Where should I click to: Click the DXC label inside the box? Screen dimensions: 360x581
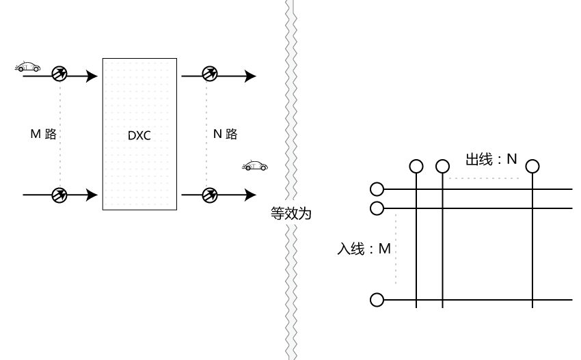click(139, 135)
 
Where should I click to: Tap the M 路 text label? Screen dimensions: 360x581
click(42, 135)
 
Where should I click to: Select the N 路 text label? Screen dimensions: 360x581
click(225, 135)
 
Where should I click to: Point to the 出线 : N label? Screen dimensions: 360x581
click(491, 159)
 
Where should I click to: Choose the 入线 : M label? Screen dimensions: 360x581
click(364, 249)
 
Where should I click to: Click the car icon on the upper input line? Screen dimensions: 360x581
click(27, 66)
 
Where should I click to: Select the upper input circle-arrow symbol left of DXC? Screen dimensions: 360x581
click(59, 75)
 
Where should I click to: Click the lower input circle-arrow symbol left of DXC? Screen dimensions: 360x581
click(59, 195)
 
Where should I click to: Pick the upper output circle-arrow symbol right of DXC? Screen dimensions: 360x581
click(210, 75)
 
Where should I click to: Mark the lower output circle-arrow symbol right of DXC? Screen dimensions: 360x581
click(210, 195)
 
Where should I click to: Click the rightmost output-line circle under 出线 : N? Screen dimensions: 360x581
click(532, 166)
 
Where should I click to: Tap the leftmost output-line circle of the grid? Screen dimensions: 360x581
click(416, 166)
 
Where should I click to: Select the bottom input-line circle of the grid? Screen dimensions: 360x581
click(376, 299)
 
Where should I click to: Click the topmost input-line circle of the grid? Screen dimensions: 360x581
click(376, 189)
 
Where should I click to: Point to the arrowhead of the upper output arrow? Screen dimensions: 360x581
click(251, 75)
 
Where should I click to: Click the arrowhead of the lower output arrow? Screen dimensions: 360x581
click(251, 195)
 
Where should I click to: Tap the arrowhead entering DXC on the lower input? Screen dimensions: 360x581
click(92, 195)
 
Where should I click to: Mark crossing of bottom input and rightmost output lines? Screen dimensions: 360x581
click(532, 299)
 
